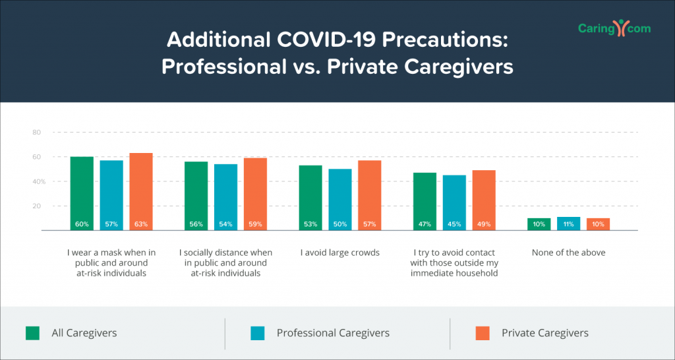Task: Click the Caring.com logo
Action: click(x=614, y=28)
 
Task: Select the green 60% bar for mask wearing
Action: click(x=82, y=193)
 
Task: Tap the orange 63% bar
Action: click(x=141, y=192)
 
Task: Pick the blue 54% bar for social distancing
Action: click(x=225, y=197)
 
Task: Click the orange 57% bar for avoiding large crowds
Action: click(x=370, y=196)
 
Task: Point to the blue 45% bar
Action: click(x=454, y=203)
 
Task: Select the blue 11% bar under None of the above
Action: click(x=569, y=224)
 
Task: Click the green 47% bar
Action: click(x=425, y=202)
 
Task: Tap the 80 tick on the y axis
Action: click(x=37, y=133)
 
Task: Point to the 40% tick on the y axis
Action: click(x=38, y=181)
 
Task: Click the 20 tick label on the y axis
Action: click(x=37, y=206)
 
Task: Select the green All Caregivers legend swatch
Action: click(x=33, y=333)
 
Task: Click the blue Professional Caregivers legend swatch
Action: click(x=258, y=333)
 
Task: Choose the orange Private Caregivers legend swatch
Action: click(x=483, y=333)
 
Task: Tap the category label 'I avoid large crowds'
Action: click(x=340, y=253)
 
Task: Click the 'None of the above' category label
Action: click(x=569, y=253)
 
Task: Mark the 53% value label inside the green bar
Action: click(x=310, y=224)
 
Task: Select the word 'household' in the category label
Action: click(x=478, y=274)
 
